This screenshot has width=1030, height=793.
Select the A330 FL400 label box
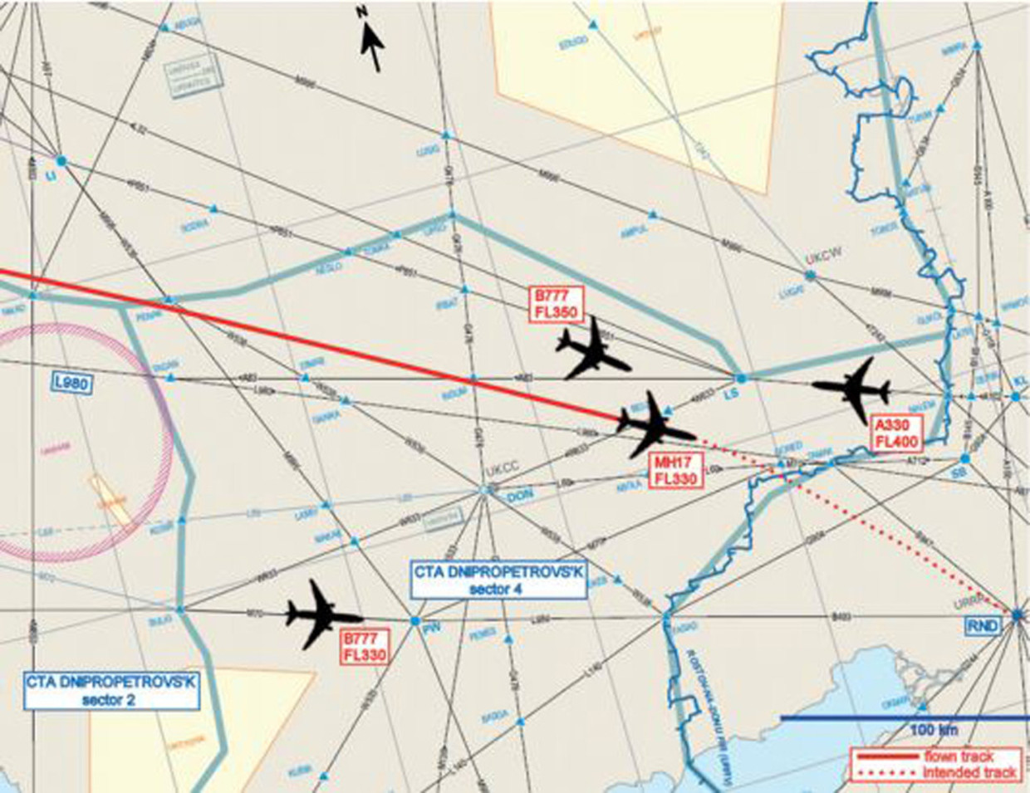click(896, 433)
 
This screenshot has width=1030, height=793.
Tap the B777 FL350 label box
click(556, 303)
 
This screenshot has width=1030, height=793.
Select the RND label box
click(983, 625)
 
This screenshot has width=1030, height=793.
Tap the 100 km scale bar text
click(934, 730)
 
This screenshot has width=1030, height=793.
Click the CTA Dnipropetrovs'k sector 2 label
click(112, 691)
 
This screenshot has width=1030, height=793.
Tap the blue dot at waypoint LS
click(742, 379)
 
